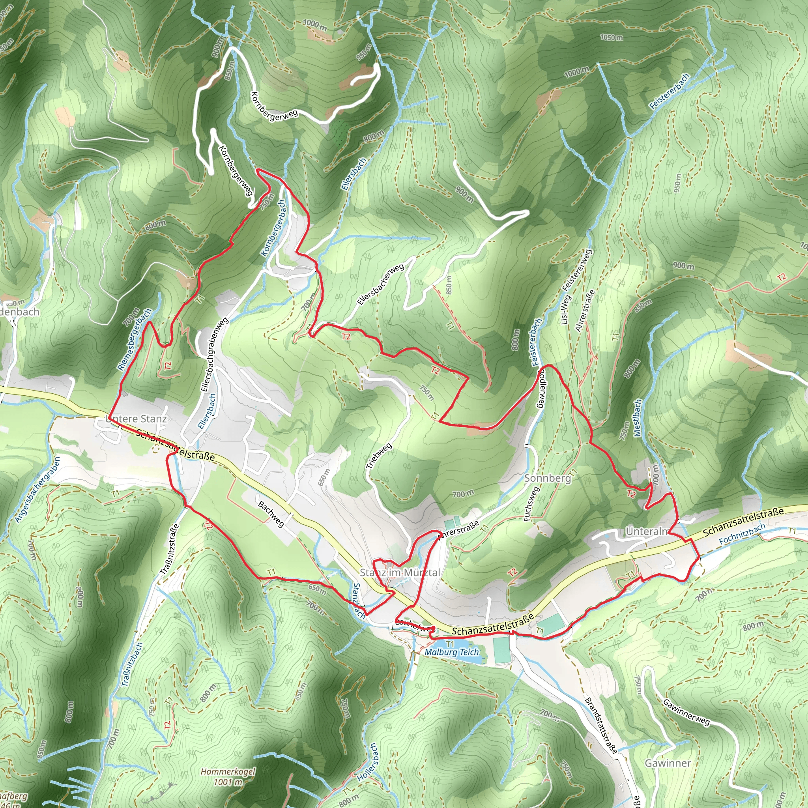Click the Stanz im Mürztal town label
pyautogui.click(x=400, y=572)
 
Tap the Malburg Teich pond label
pyautogui.click(x=452, y=652)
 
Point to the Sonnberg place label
pyautogui.click(x=548, y=478)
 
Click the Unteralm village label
pyautogui.click(x=647, y=531)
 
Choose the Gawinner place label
pyautogui.click(x=668, y=763)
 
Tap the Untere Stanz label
pyautogui.click(x=137, y=419)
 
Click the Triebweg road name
pyautogui.click(x=379, y=455)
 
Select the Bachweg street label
pyautogui.click(x=271, y=514)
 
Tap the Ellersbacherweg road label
pyautogui.click(x=381, y=284)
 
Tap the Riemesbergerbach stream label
pyautogui.click(x=134, y=340)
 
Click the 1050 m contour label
pyautogui.click(x=611, y=37)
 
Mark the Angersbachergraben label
pyautogui.click(x=37, y=489)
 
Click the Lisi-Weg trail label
pyautogui.click(x=565, y=310)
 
